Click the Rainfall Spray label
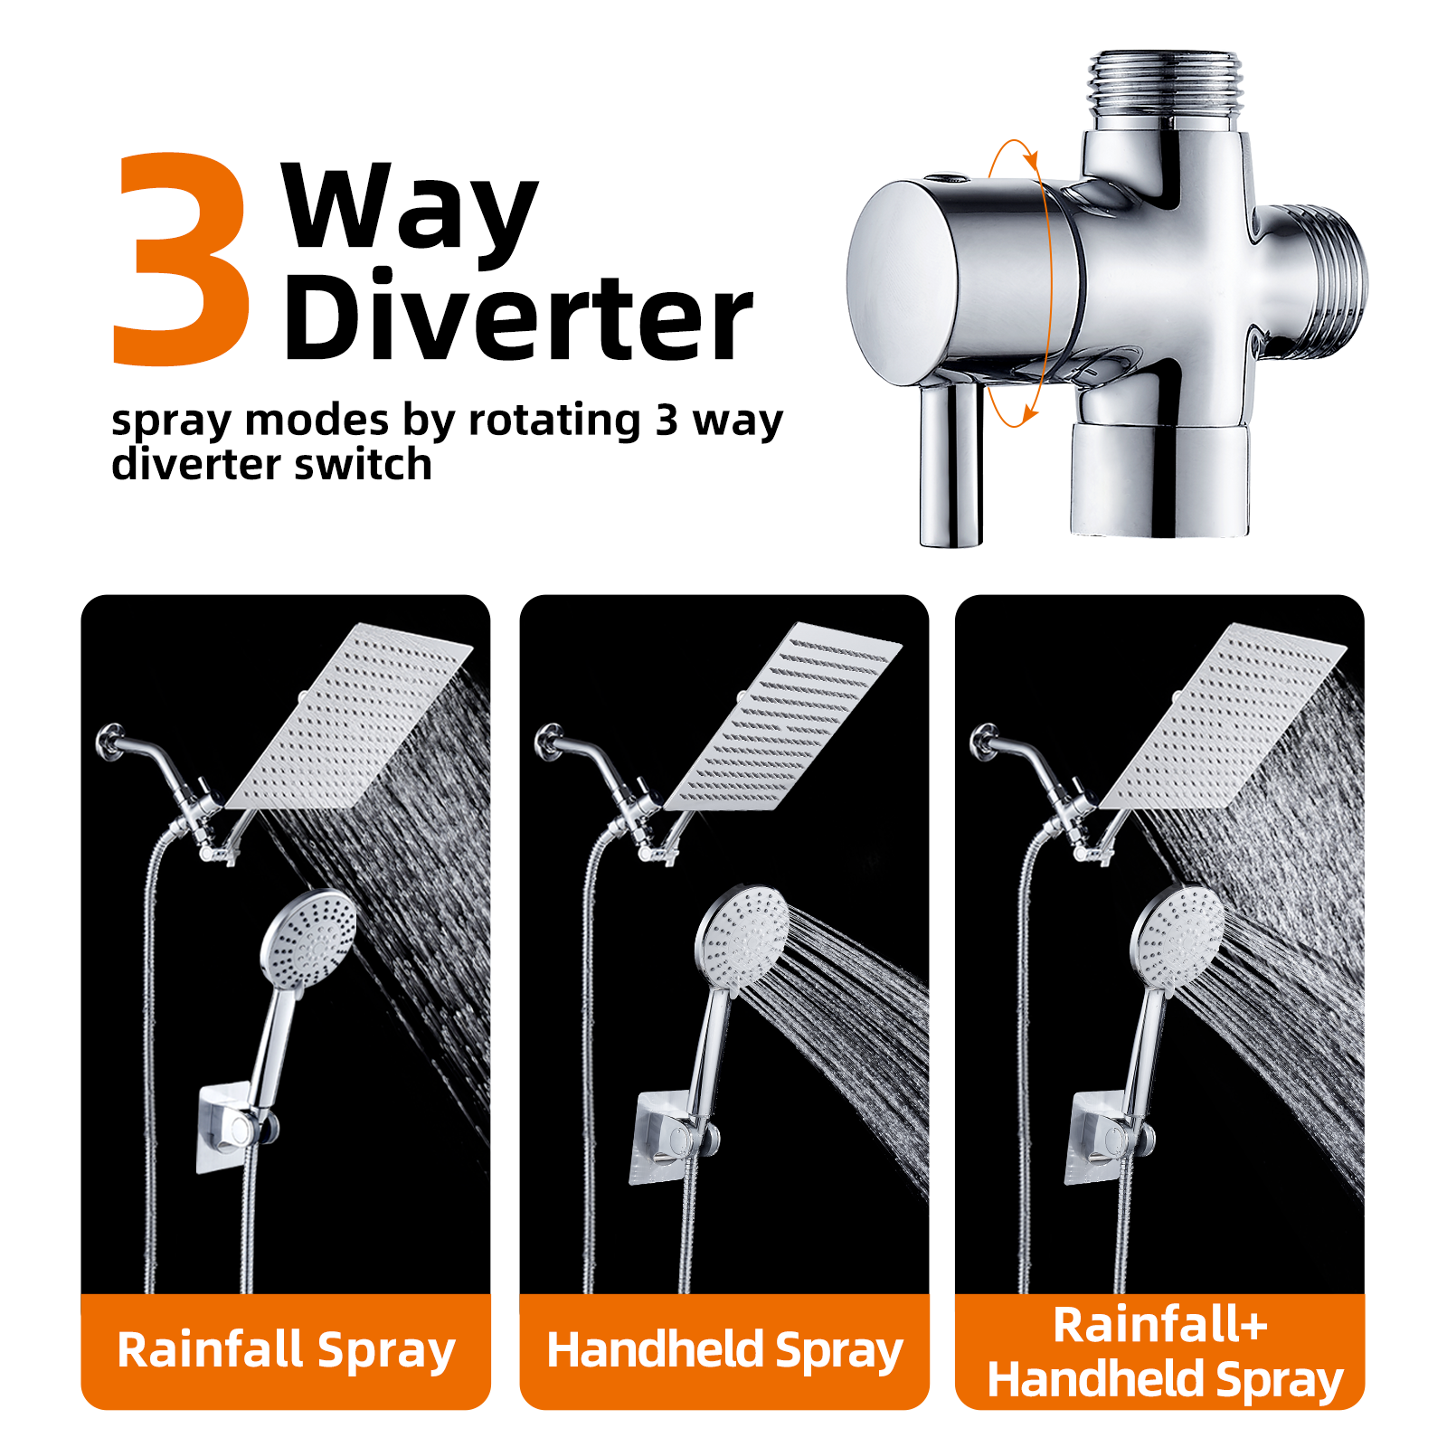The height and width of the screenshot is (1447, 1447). (286, 1350)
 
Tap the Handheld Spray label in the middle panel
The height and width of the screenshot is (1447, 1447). (724, 1350)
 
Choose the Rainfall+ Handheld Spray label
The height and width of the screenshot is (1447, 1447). (1164, 1352)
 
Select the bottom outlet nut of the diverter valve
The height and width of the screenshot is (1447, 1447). (1160, 479)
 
